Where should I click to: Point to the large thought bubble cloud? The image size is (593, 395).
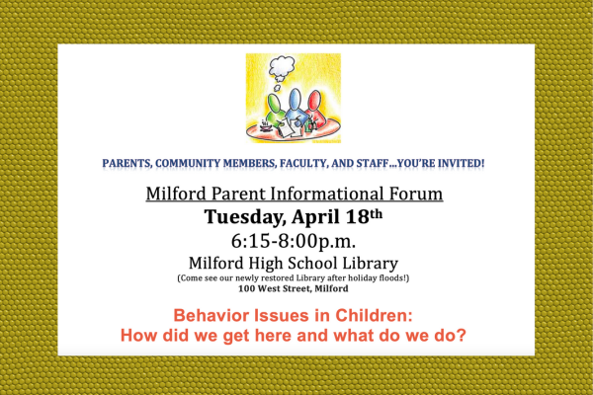pyautogui.click(x=282, y=66)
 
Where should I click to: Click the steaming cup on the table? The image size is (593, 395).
pyautogui.click(x=266, y=125)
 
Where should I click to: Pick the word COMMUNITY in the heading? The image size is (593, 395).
pyautogui.click(x=188, y=163)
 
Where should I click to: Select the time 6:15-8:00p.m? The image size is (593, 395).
pyautogui.click(x=294, y=241)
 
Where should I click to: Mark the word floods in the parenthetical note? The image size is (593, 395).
pyautogui.click(x=393, y=277)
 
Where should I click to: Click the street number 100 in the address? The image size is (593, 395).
pyautogui.click(x=246, y=288)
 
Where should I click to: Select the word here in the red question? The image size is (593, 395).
pyautogui.click(x=275, y=336)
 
